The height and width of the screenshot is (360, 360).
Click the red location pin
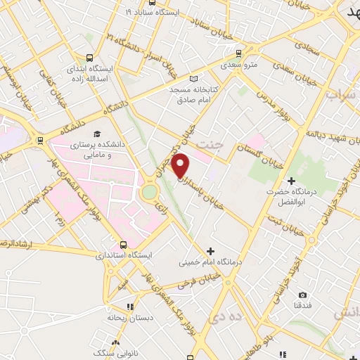[x=181, y=165]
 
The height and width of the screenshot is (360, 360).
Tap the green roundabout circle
[x=150, y=192]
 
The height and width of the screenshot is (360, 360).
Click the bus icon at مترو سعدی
[x=240, y=53]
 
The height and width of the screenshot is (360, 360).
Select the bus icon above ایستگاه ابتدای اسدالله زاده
[x=89, y=58]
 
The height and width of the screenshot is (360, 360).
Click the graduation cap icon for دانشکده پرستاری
[x=96, y=134]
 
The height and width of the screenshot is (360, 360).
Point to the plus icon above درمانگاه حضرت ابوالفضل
[x=291, y=181]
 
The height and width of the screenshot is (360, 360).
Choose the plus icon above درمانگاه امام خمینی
[x=210, y=251]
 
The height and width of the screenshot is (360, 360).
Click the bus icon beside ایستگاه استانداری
[x=124, y=245]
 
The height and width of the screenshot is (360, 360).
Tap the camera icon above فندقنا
[x=302, y=295]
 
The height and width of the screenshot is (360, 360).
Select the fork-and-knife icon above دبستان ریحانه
[x=129, y=307]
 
